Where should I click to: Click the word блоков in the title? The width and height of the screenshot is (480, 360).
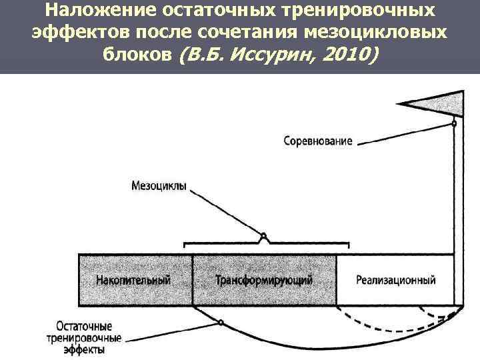pyautogui.click(x=137, y=55)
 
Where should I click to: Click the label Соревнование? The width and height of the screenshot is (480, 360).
pyautogui.click(x=317, y=141)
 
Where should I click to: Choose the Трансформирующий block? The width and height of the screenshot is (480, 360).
pyautogui.click(x=263, y=279)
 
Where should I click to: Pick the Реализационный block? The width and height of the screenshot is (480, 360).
pyautogui.click(x=396, y=279)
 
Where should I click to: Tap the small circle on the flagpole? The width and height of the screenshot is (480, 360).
pyautogui.click(x=454, y=123)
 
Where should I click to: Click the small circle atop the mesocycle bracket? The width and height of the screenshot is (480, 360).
pyautogui.click(x=263, y=235)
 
